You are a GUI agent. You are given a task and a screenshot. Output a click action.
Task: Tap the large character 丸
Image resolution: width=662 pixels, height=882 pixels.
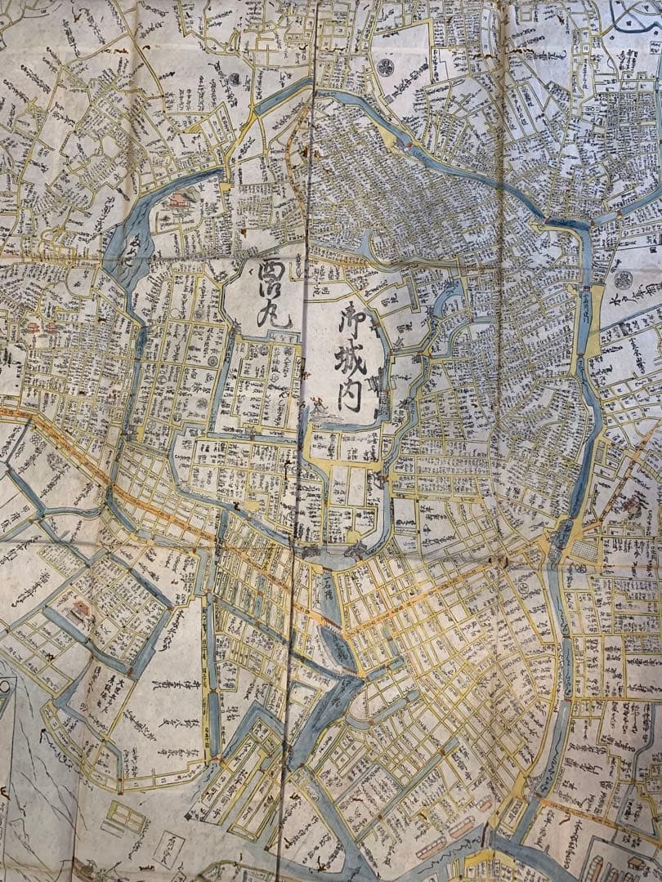coord(272,314)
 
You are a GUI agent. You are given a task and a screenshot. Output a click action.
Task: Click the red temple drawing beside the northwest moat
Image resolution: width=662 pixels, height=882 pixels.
coord(179,202)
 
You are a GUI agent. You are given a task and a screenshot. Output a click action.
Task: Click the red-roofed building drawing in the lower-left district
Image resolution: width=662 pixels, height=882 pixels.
coord(80,611)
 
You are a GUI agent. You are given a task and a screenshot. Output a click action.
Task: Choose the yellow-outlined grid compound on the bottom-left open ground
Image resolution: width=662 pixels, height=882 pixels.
coord(127,816)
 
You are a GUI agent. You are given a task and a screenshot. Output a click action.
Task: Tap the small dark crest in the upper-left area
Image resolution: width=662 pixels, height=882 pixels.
coord(235,79)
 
